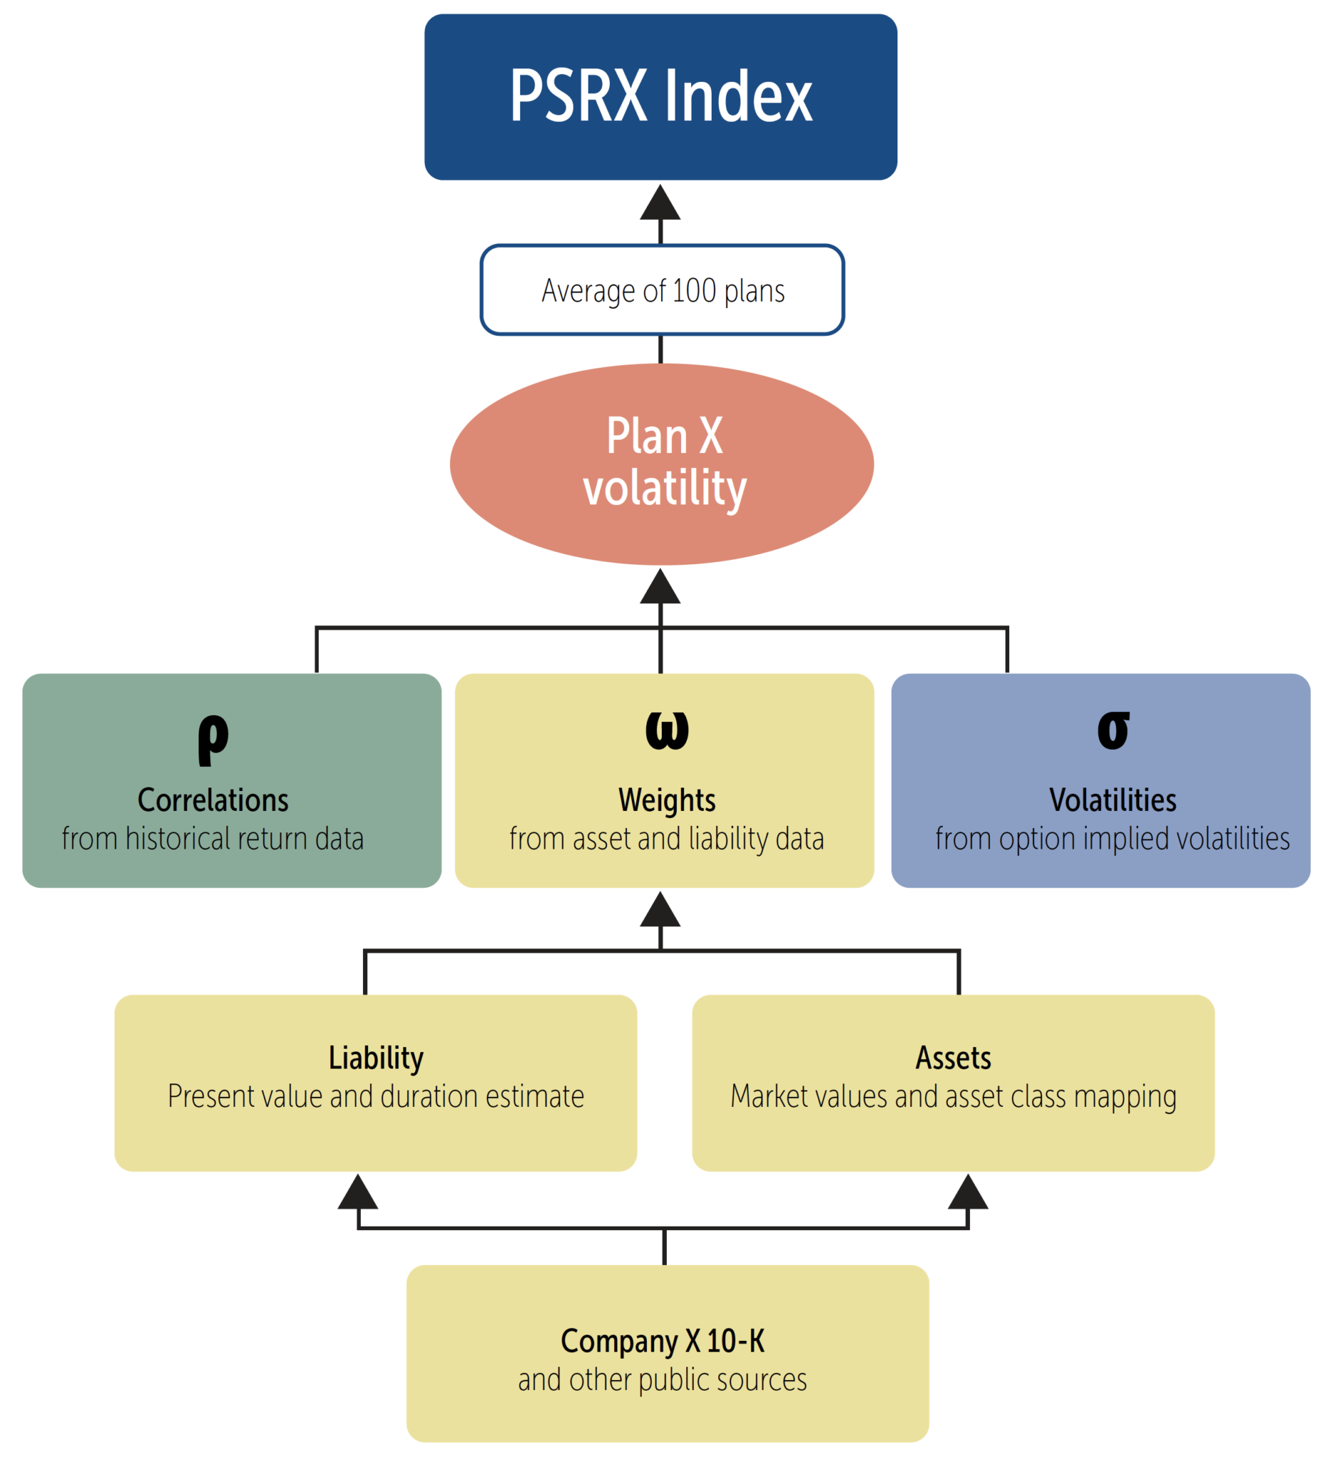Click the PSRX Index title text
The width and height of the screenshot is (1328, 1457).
660,96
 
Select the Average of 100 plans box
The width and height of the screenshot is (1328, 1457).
661,290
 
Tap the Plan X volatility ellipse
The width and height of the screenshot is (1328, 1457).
661,463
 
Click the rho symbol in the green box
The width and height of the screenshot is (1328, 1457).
213,738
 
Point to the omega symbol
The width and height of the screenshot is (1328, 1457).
667,731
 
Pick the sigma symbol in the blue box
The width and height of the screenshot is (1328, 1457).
1112,731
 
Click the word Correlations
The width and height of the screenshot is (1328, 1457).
213,800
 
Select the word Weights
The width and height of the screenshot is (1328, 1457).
667,800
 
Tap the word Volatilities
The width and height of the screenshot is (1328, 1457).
1112,800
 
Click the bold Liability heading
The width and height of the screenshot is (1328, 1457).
376,1058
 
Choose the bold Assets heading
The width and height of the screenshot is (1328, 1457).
953,1058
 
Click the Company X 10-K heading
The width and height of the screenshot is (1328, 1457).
662,1341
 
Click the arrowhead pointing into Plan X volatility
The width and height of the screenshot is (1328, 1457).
660,587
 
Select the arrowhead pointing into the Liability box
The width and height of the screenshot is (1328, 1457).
358,1192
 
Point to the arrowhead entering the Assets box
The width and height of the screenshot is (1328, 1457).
967,1192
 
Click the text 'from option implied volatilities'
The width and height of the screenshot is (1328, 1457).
1112,838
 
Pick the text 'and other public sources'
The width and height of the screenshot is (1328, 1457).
662,1379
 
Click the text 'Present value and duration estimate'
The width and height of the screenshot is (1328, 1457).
376,1096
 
